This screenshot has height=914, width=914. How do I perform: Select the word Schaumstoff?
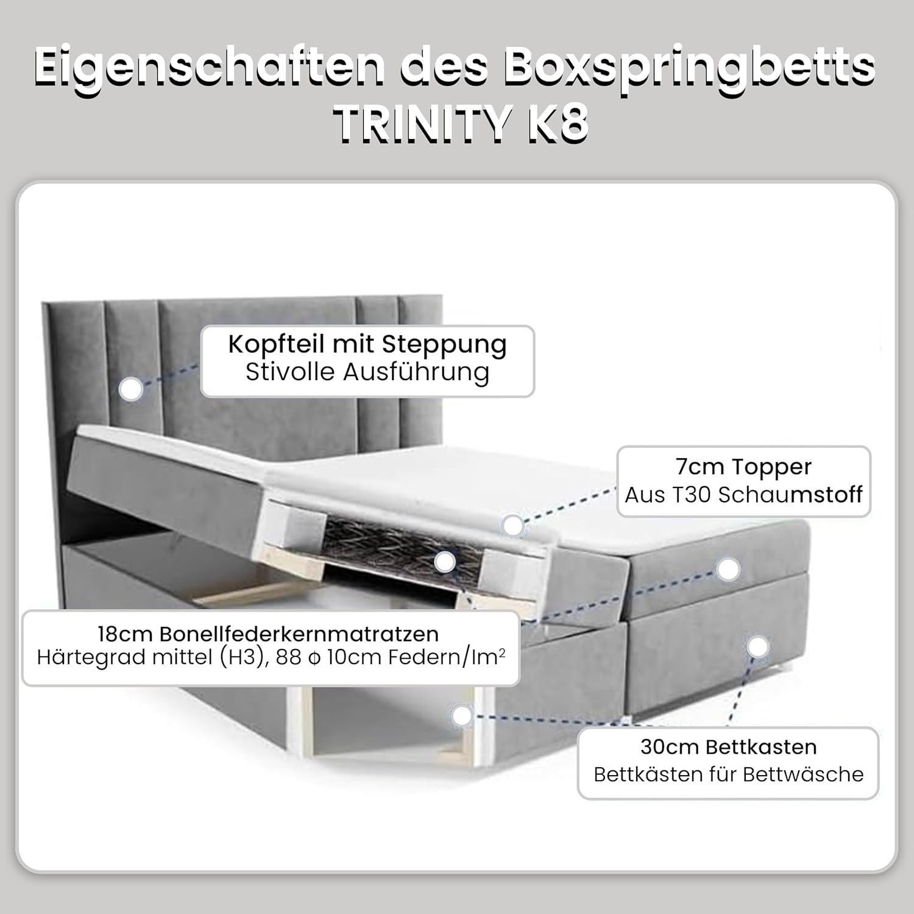[790, 495]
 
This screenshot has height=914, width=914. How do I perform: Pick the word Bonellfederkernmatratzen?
[299, 634]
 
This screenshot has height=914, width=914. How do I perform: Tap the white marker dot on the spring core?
[445, 562]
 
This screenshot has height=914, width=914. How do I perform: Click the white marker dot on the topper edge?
[513, 525]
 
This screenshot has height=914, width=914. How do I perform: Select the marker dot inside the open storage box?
[462, 716]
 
